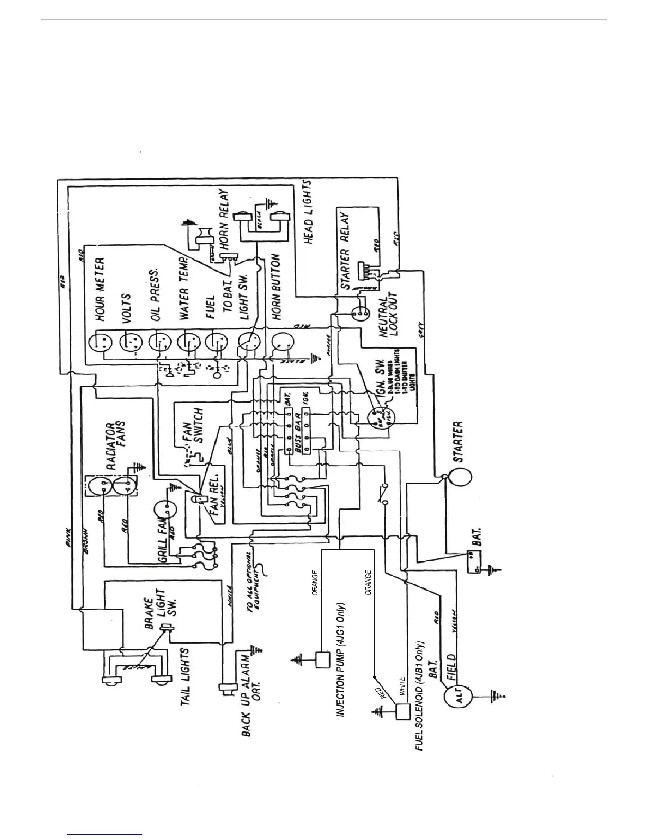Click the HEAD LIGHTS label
pyautogui.click(x=308, y=212)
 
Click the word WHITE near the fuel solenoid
pyautogui.click(x=402, y=686)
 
